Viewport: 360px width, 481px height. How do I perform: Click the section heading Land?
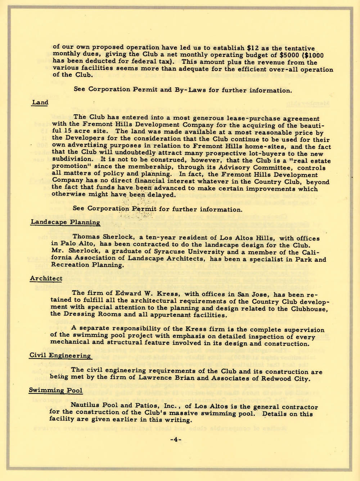40,103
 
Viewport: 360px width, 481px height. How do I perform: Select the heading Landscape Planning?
65,222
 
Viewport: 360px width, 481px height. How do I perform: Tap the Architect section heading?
46,278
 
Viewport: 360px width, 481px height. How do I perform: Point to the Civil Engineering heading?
60,356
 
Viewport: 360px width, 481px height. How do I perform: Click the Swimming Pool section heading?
56,390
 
